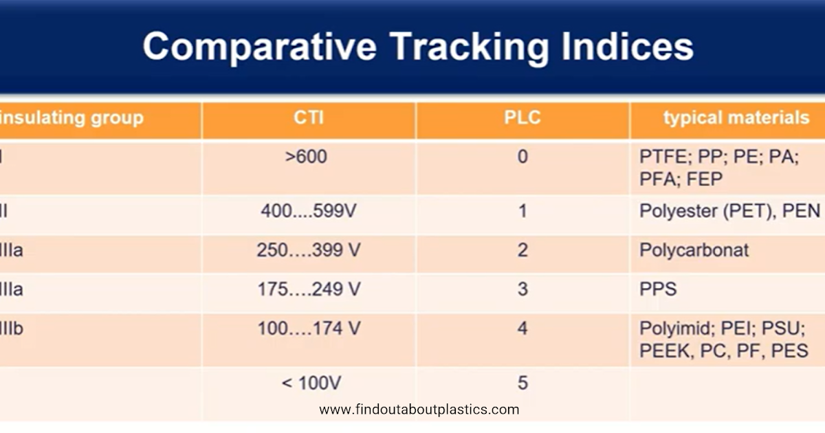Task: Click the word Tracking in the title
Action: [x=469, y=48]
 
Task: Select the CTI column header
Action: [x=309, y=118]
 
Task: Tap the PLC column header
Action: [x=522, y=118]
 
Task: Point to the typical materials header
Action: [x=736, y=118]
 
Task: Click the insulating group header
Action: [x=71, y=118]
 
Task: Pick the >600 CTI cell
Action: [x=306, y=157]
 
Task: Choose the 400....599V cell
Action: [x=309, y=211]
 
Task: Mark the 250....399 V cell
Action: [x=309, y=250]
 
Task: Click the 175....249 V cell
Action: [x=309, y=289]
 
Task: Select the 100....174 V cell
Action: [x=309, y=328]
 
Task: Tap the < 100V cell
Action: [x=311, y=383]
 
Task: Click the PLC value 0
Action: [x=522, y=157]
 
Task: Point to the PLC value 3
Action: [x=522, y=289]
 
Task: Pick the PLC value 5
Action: [x=522, y=383]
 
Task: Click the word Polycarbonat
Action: [x=694, y=250]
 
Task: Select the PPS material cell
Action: [x=658, y=289]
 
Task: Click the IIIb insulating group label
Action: [x=12, y=328]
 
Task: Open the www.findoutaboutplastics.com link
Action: [x=419, y=410]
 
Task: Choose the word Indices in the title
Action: [x=627, y=47]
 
